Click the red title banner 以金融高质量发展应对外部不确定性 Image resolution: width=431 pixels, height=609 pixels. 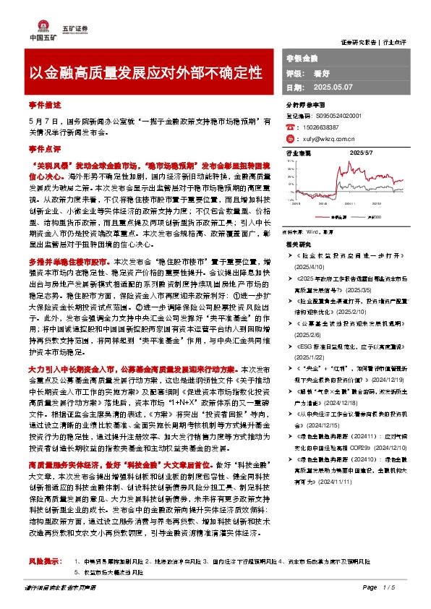tap(145, 73)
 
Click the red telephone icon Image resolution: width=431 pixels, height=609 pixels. tap(292, 126)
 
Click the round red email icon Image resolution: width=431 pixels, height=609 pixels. tap(292, 138)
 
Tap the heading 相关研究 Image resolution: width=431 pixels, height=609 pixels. tap(298, 245)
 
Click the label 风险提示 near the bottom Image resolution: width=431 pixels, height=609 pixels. tap(43, 561)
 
